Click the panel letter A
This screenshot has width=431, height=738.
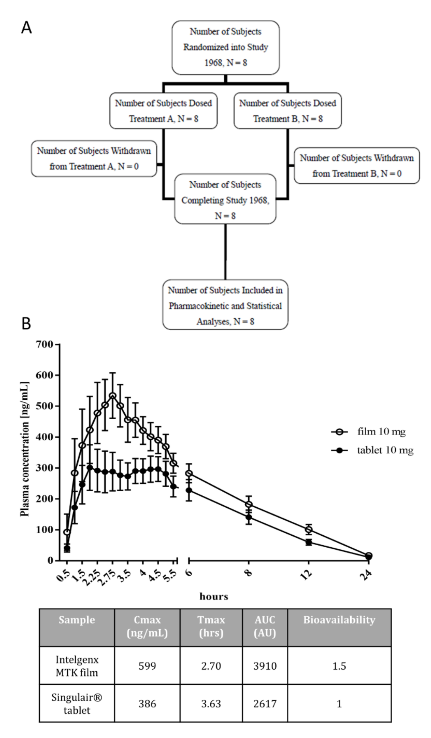click(26, 28)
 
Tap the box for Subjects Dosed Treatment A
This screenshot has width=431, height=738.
click(163, 111)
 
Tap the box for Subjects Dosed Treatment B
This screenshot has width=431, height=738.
click(288, 111)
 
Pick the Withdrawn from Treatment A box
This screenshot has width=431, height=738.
click(94, 159)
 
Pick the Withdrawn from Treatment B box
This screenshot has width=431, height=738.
click(357, 166)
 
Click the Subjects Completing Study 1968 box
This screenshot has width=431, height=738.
click(225, 199)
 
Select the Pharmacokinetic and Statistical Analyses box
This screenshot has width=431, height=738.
click(225, 305)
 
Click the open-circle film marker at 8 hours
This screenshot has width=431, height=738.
click(249, 504)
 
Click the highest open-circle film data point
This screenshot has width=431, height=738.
click(112, 396)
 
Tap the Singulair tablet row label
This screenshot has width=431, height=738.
click(77, 704)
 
